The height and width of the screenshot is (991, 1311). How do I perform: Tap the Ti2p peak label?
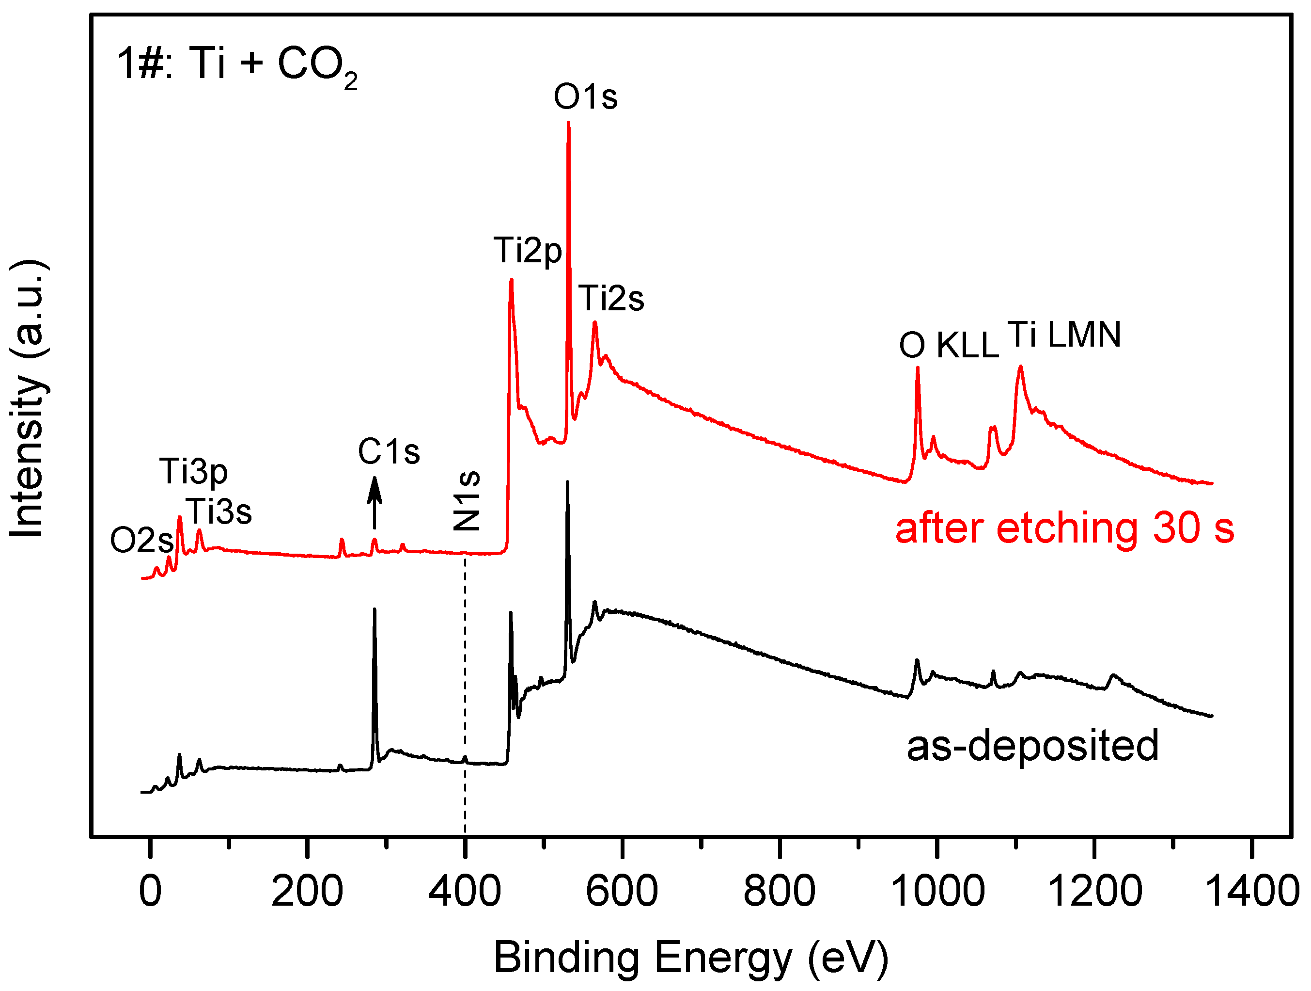pos(528,250)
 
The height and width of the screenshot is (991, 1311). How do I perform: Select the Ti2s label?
pos(610,298)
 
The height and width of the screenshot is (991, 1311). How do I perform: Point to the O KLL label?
pos(948,345)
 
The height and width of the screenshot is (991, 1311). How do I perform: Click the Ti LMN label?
pos(1064,335)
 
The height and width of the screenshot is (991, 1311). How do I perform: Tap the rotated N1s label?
pos(467,501)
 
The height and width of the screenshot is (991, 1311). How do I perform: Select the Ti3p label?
pos(193,473)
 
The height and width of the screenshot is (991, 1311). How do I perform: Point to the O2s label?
pos(141,541)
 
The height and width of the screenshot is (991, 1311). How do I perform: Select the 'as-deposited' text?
pos(1032,746)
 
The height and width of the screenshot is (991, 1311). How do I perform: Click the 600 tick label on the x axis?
pos(622,891)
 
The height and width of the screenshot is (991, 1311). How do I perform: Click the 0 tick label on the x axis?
pos(150,891)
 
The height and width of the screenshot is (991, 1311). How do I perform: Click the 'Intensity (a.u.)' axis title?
pos(28,399)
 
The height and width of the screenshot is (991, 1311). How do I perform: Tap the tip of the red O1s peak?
pos(568,123)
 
